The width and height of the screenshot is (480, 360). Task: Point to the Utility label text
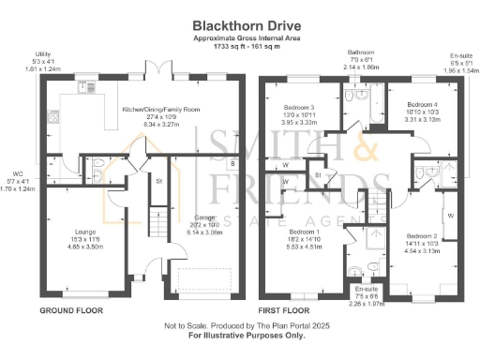click(42, 55)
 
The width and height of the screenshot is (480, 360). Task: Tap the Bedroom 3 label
click(300, 108)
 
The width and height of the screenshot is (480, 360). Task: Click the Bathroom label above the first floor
click(361, 53)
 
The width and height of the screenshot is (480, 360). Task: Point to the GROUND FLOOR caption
click(70, 308)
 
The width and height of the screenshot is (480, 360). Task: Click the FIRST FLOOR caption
click(283, 308)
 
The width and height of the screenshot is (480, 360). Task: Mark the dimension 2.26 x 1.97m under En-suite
click(367, 303)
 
